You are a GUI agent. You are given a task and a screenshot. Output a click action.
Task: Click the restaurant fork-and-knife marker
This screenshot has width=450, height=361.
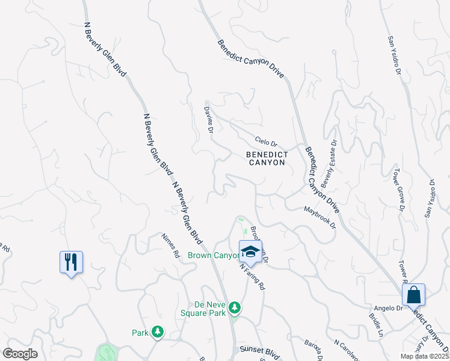71,262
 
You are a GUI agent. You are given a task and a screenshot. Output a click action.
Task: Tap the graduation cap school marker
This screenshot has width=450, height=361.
251,251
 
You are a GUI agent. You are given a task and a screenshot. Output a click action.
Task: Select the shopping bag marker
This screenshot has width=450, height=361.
413,295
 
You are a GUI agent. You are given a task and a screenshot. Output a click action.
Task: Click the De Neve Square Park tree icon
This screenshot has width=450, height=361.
235,309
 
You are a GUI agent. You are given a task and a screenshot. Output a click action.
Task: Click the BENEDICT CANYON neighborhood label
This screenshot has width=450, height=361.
267,159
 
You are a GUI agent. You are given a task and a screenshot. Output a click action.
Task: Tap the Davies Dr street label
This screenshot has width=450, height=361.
209,119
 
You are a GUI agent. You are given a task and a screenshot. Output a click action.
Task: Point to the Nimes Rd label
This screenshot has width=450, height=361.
171,245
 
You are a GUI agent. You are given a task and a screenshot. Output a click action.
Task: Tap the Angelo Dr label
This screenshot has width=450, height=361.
391,308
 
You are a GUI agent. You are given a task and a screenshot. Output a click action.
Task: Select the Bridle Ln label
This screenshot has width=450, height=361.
377,324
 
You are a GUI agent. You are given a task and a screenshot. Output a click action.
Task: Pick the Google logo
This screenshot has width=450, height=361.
20,354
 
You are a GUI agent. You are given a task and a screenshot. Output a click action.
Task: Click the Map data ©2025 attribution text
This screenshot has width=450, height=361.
424,356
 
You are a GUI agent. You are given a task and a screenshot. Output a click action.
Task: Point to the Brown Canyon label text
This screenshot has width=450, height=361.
214,256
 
